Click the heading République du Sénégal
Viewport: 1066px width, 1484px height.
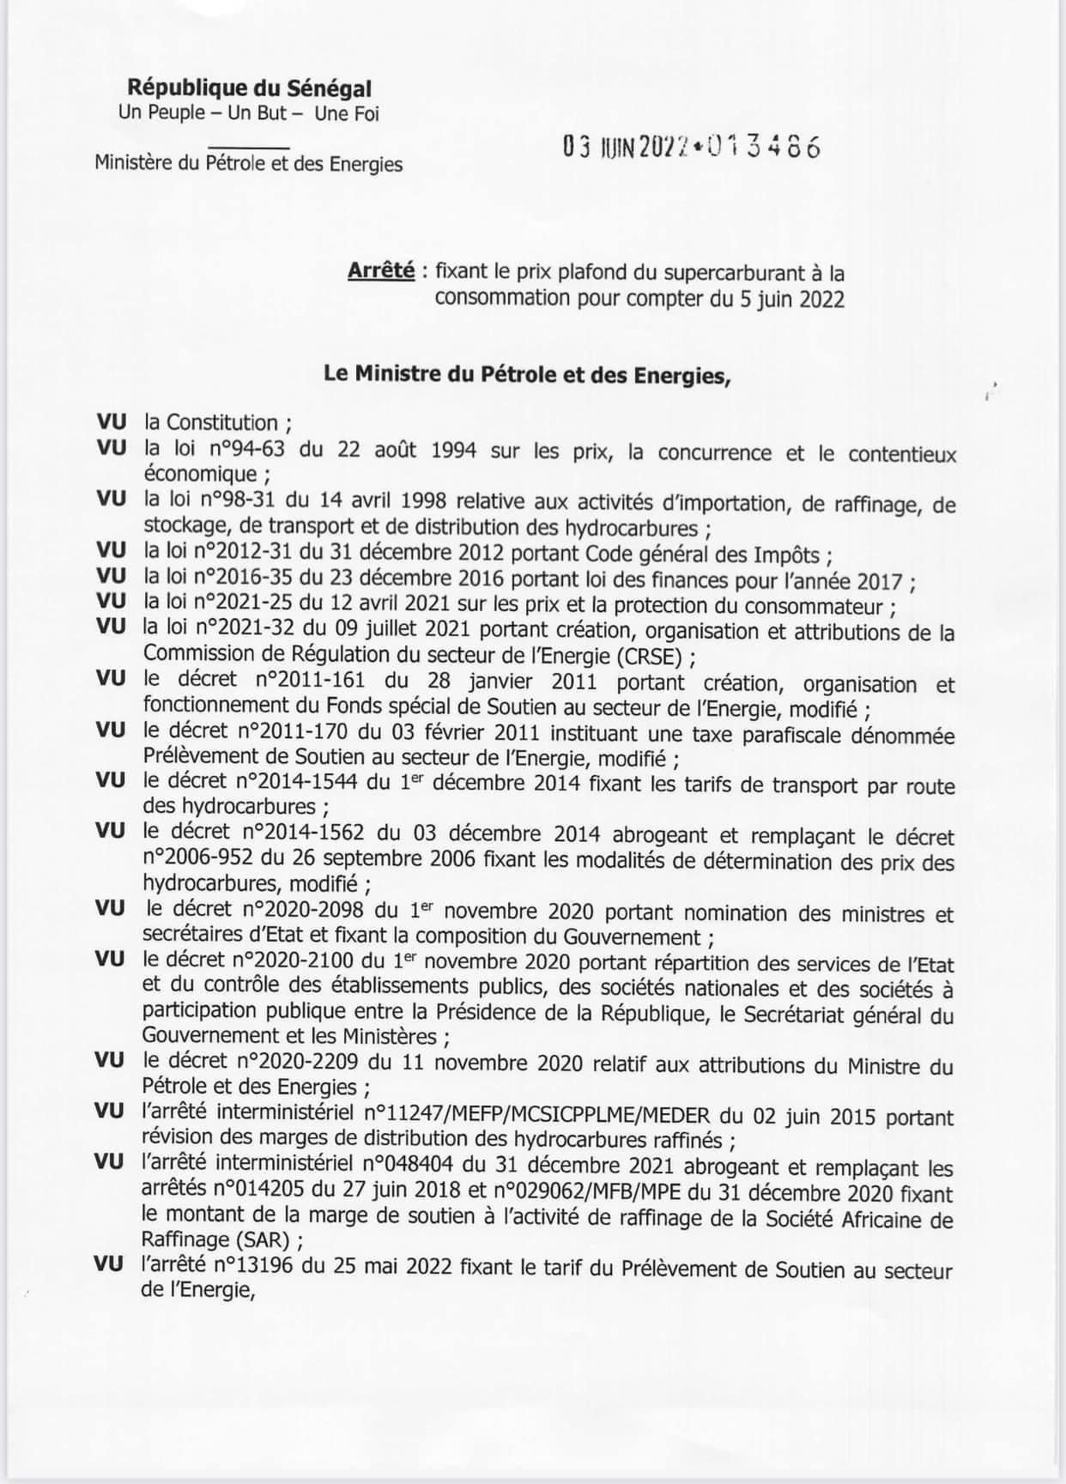coord(249,88)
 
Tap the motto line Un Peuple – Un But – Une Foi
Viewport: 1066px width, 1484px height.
coord(249,112)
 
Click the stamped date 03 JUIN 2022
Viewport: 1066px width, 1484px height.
coord(626,148)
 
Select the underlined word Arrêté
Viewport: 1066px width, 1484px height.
coord(381,272)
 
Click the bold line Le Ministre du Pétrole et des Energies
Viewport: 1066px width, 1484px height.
coord(526,374)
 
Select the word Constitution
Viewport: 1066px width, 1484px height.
coord(222,422)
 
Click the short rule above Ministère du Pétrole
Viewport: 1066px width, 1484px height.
coord(248,147)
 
